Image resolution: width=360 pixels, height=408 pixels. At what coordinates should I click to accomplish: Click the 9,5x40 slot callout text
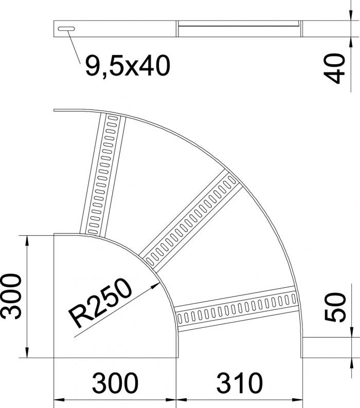point(128,66)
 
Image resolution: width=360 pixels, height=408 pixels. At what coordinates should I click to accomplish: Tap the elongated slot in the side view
point(66,29)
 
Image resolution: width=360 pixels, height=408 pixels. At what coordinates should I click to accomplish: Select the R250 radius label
point(100,303)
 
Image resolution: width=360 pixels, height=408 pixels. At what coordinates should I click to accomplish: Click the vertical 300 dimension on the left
point(11,296)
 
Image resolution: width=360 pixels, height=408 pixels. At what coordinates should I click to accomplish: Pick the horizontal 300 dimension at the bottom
point(115,383)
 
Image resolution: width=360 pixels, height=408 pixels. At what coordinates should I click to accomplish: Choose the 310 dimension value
point(239,383)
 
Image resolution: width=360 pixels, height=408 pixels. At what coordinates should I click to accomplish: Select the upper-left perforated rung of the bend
point(103,175)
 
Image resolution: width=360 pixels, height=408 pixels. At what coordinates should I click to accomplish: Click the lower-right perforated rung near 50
point(237,309)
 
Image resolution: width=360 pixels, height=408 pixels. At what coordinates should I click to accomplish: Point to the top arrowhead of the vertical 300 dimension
point(27,240)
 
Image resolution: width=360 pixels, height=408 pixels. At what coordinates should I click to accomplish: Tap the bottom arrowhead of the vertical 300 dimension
point(27,353)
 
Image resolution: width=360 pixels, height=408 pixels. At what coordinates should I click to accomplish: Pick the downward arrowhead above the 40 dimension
point(351,15)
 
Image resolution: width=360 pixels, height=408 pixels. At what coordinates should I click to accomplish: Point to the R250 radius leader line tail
point(75,337)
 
